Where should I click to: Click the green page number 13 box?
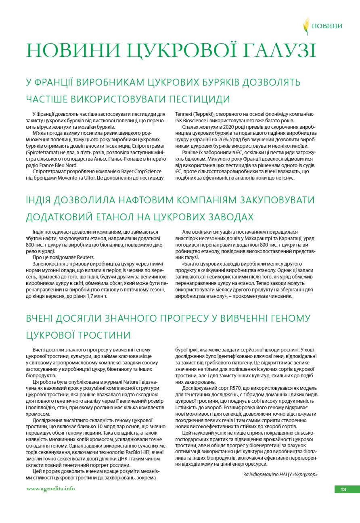pyautogui.click(x=343, y=490)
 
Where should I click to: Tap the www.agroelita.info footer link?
pyautogui.click(x=50, y=489)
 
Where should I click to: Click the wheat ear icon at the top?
pyautogui.click(x=306, y=26)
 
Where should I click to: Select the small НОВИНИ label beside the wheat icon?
pyautogui.click(x=327, y=26)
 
